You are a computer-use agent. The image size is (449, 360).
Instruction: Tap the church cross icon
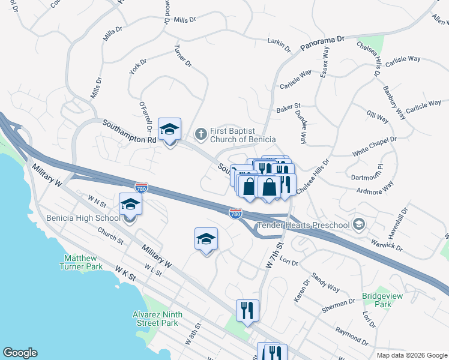click(x=202, y=134)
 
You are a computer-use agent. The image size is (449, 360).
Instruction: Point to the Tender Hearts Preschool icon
click(x=359, y=225)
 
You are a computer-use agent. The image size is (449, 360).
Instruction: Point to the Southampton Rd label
click(x=129, y=131)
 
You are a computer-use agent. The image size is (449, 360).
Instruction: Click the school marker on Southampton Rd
click(x=169, y=130)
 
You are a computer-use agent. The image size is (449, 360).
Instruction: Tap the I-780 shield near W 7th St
click(x=235, y=213)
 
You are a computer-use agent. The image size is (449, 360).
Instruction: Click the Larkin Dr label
click(x=279, y=44)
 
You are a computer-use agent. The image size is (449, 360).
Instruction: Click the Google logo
click(x=20, y=353)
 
